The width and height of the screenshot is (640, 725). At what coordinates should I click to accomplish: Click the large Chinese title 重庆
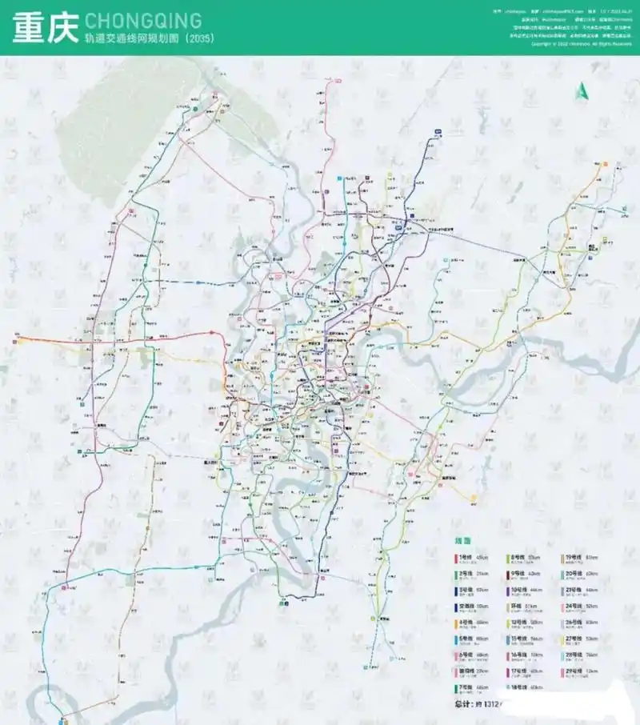(x=44, y=28)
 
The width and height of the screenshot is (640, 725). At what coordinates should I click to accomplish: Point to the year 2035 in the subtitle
(x=197, y=38)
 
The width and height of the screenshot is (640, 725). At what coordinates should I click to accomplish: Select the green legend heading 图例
(x=463, y=542)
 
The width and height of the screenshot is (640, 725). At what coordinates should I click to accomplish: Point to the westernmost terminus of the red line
(x=16, y=340)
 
